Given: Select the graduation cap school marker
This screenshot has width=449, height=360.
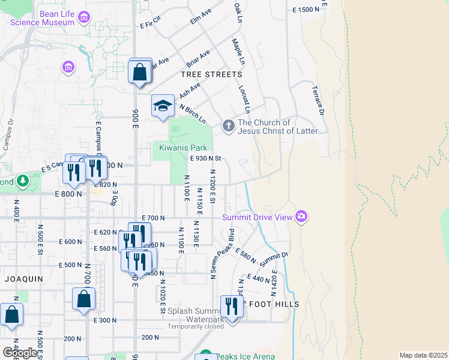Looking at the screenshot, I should pos(161,106).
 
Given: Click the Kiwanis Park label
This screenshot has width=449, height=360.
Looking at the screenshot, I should pos(182,148).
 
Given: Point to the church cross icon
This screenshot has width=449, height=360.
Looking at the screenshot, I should pos(228,126).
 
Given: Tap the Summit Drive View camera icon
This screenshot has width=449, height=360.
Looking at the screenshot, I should pos(301,217).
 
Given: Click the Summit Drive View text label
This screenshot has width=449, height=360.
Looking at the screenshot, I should pos(257,217).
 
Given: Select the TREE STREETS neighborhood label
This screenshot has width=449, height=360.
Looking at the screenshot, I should pos(212,74).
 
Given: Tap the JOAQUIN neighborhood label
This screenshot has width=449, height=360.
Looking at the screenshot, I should pos(24,279).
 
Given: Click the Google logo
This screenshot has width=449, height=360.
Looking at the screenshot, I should pos(20,352).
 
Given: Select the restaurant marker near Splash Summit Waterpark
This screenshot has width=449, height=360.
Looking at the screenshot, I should pos(231,306).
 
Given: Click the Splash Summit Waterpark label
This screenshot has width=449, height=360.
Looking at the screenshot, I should pos(195,315).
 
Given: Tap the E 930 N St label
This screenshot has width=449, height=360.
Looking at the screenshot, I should pos(206,158).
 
